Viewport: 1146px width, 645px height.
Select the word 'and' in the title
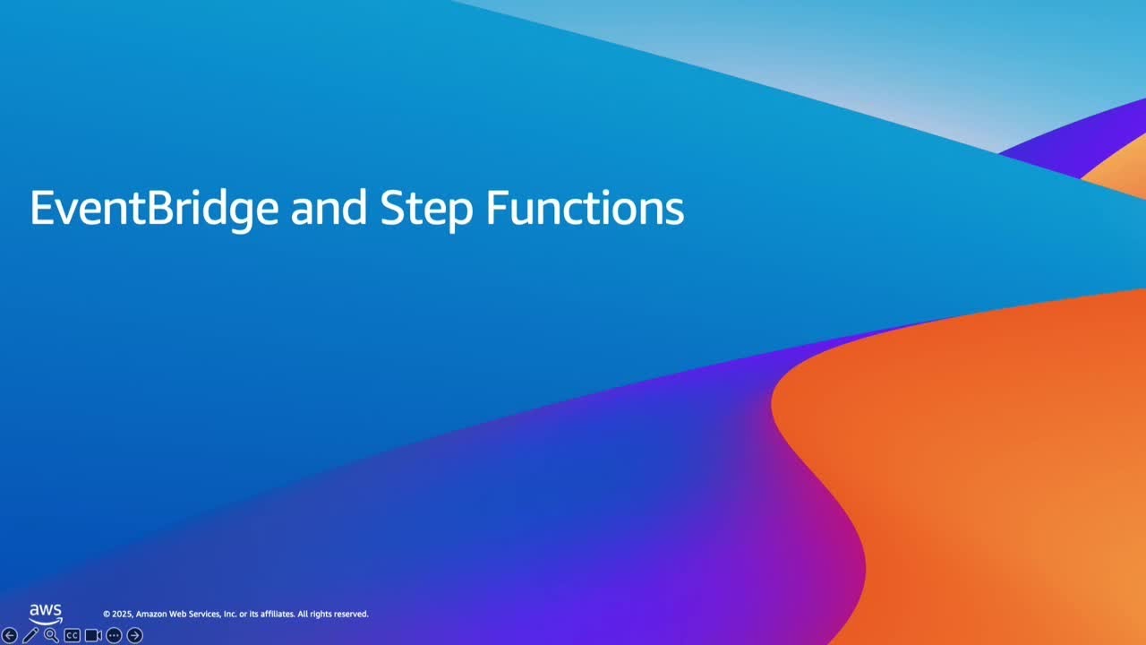point(329,208)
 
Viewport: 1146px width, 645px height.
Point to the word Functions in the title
point(585,208)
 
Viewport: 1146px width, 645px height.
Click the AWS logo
point(46,614)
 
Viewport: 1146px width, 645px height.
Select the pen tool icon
point(30,635)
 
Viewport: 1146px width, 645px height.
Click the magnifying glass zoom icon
point(51,635)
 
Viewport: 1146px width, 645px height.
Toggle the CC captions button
point(73,635)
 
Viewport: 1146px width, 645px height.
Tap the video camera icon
point(93,635)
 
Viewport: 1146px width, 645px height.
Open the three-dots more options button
point(114,635)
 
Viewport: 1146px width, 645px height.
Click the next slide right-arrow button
point(134,635)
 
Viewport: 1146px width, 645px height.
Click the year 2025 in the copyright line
point(122,615)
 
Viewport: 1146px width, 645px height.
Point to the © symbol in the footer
point(107,615)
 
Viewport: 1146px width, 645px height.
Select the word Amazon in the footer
point(150,615)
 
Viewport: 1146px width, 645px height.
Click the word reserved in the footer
point(350,615)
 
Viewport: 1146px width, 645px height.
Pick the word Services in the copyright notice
point(202,615)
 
